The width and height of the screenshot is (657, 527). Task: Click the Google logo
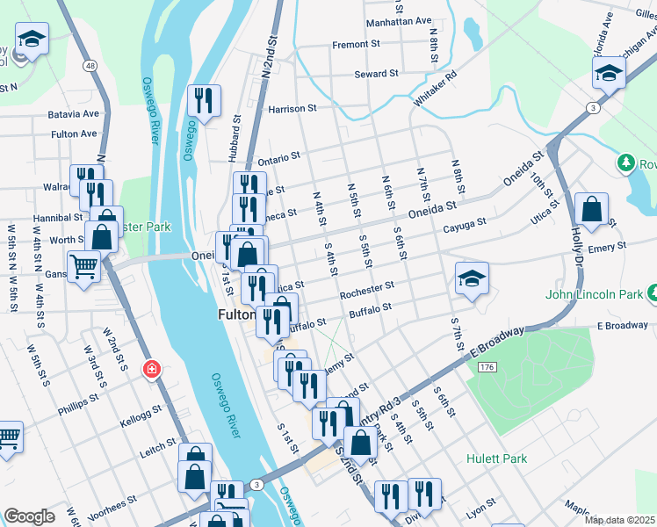coord(29,516)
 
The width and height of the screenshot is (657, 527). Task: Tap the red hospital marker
coord(151,368)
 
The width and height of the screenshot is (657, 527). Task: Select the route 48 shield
coord(90,65)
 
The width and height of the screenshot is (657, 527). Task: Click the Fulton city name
coord(235,314)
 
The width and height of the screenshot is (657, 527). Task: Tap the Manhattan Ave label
coord(399,20)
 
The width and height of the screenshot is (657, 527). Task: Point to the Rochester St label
coord(366,287)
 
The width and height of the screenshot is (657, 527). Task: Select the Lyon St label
coord(480,510)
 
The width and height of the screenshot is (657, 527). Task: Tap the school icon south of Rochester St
coord(472,280)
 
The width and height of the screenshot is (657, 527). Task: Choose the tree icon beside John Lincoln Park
coord(653,292)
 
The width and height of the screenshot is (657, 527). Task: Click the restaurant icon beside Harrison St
coord(204,101)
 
